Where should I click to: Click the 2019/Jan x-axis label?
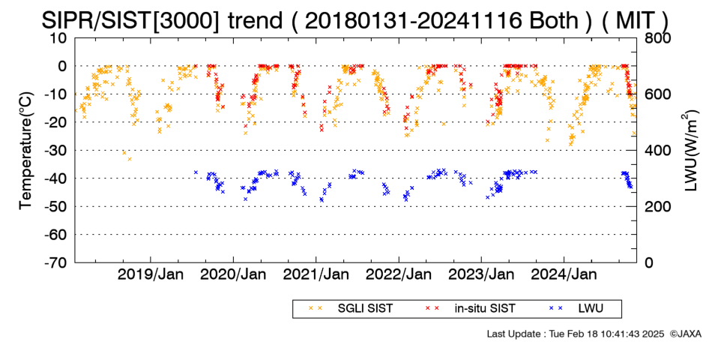click(x=151, y=274)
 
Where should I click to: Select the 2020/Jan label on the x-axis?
click(x=233, y=274)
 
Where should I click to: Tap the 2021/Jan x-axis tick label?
click(x=316, y=274)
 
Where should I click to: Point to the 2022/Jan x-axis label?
click(x=399, y=274)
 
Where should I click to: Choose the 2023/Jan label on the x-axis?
click(x=481, y=274)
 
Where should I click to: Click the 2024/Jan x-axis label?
click(x=564, y=274)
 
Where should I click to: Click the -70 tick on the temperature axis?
click(x=55, y=262)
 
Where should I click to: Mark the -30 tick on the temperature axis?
click(x=55, y=151)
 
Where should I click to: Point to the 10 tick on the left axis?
click(x=58, y=38)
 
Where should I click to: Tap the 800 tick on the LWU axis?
click(x=657, y=38)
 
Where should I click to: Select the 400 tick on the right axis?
click(x=657, y=151)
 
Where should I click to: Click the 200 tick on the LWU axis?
click(x=657, y=206)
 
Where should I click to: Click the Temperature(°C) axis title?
click(x=26, y=151)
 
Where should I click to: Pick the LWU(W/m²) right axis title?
click(x=689, y=151)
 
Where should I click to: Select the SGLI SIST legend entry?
click(x=351, y=309)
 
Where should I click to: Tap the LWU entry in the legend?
click(x=576, y=309)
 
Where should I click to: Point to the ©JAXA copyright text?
click(x=685, y=334)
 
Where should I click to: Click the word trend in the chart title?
click(x=255, y=21)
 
